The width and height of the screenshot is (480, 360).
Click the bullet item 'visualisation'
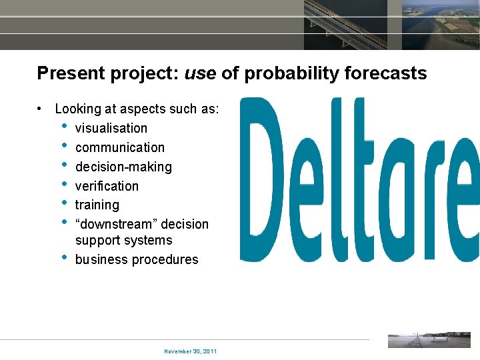[111, 128]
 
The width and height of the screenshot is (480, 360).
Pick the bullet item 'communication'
[119, 147]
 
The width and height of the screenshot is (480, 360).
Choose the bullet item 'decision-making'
[123, 167]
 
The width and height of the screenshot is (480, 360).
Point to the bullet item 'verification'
[107, 186]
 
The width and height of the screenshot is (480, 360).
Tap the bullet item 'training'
[97, 205]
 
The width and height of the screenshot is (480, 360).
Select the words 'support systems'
[123, 241]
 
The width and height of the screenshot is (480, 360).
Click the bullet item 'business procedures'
[137, 260]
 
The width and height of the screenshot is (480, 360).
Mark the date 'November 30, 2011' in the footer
[190, 351]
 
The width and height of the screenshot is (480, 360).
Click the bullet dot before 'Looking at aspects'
[41, 109]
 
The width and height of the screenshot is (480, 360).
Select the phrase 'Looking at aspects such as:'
[137, 109]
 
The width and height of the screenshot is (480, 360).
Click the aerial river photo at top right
[441, 25]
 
